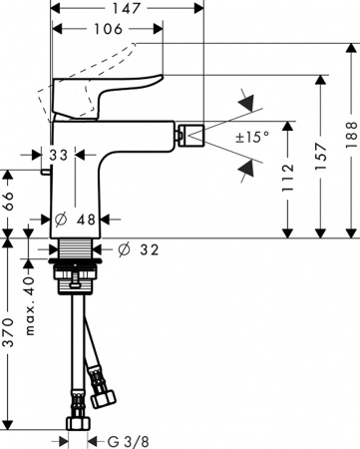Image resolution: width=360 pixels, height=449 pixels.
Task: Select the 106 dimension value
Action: coord(107,30)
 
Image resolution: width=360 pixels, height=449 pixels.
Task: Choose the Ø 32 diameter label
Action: coord(138,249)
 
